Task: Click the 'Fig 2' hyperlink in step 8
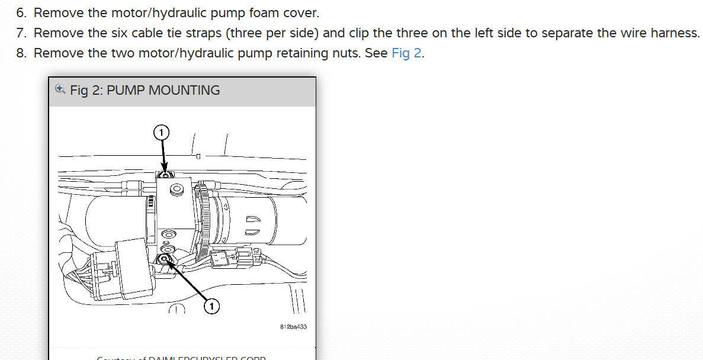pyautogui.click(x=407, y=53)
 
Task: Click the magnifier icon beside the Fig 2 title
pyautogui.click(x=60, y=89)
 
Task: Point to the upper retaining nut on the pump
pyautogui.click(x=166, y=175)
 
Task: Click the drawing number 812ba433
pyautogui.click(x=293, y=326)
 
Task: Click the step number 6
pyautogui.click(x=21, y=12)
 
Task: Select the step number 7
pyautogui.click(x=21, y=33)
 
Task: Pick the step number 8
pyautogui.click(x=21, y=53)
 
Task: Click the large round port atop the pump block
pyautogui.click(x=175, y=191)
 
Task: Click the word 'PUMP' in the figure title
pyautogui.click(x=126, y=91)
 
